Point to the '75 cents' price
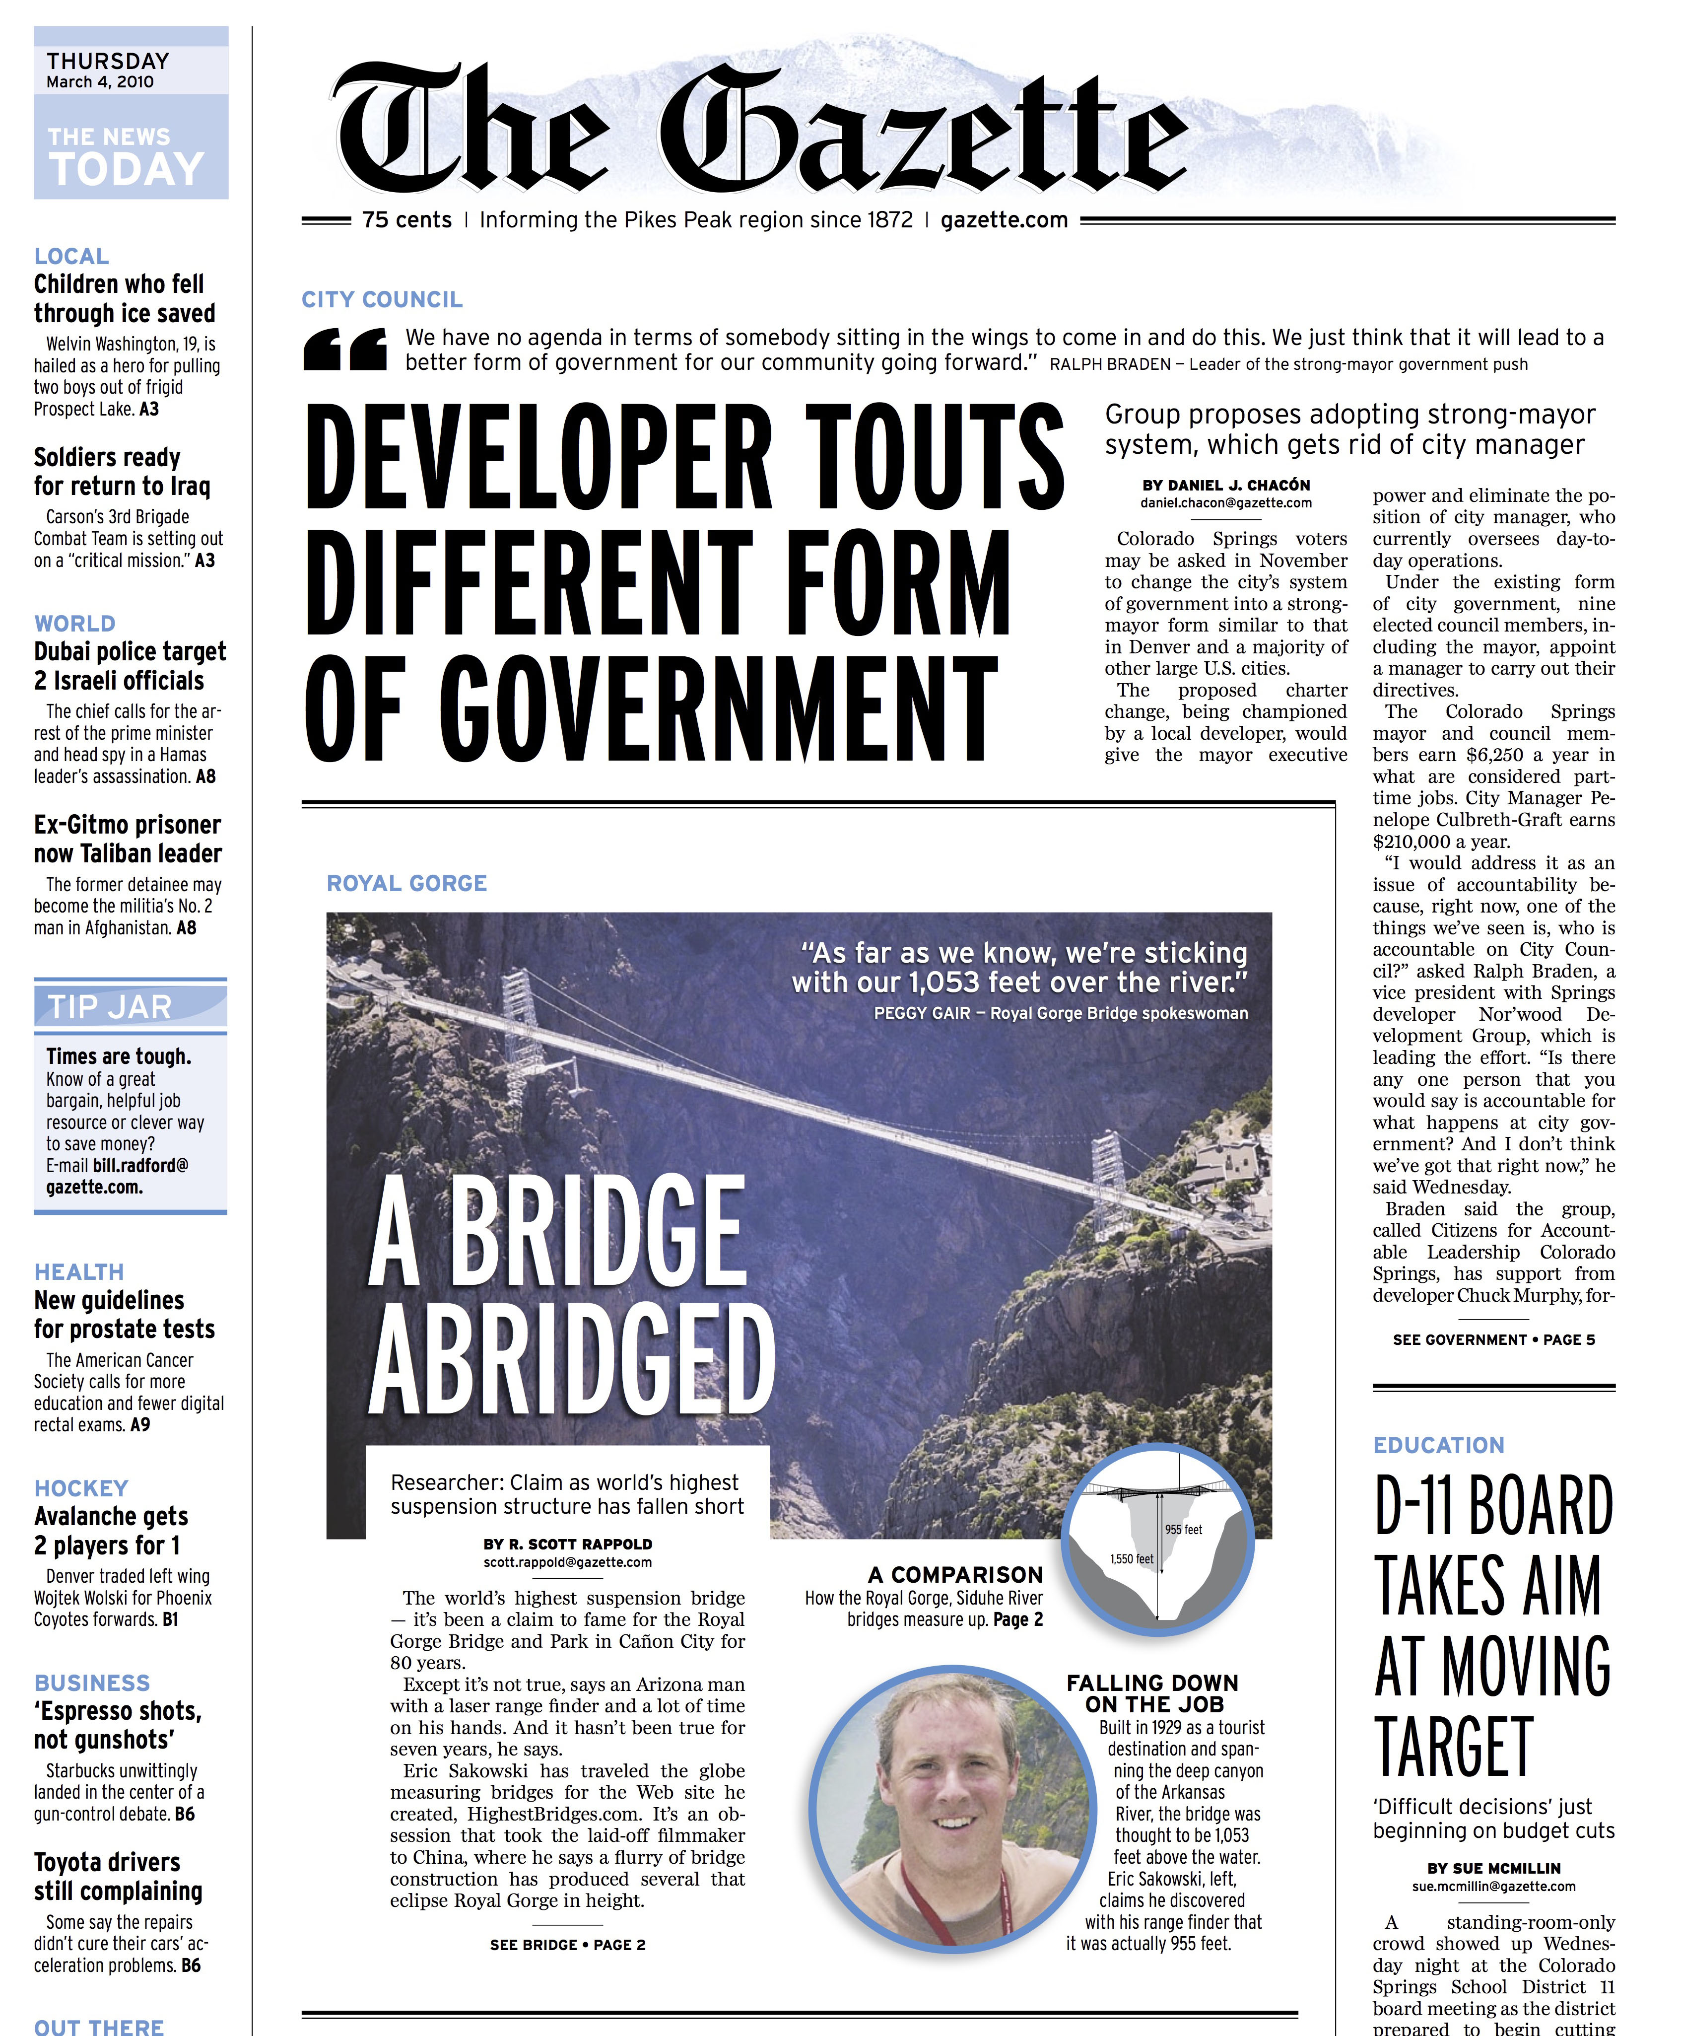(x=406, y=220)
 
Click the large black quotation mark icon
(x=345, y=349)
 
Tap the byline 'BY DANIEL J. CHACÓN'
(x=1226, y=485)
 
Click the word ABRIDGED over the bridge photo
(x=571, y=1361)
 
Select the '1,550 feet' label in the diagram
(x=1131, y=1558)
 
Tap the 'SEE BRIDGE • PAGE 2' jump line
(x=567, y=1944)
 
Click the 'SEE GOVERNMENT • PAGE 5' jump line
(x=1493, y=1339)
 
